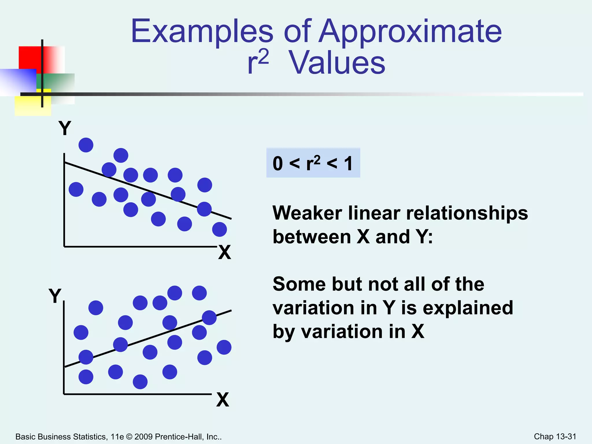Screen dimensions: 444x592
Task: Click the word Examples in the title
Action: point(202,31)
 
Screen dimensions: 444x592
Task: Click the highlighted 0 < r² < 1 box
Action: point(313,163)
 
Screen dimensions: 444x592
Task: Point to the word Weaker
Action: point(307,213)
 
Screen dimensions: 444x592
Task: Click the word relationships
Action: point(467,213)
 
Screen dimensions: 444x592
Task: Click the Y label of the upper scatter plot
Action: point(65,128)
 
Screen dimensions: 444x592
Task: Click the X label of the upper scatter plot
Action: point(225,252)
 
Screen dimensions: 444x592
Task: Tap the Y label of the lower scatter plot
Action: point(55,296)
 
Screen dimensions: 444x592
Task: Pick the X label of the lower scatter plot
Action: point(223,400)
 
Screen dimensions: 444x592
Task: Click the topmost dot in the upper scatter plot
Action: point(86,145)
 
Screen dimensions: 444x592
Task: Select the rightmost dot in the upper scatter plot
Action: point(219,229)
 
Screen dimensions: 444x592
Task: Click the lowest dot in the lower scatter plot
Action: point(140,382)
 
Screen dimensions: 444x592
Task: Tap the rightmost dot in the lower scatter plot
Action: point(224,347)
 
